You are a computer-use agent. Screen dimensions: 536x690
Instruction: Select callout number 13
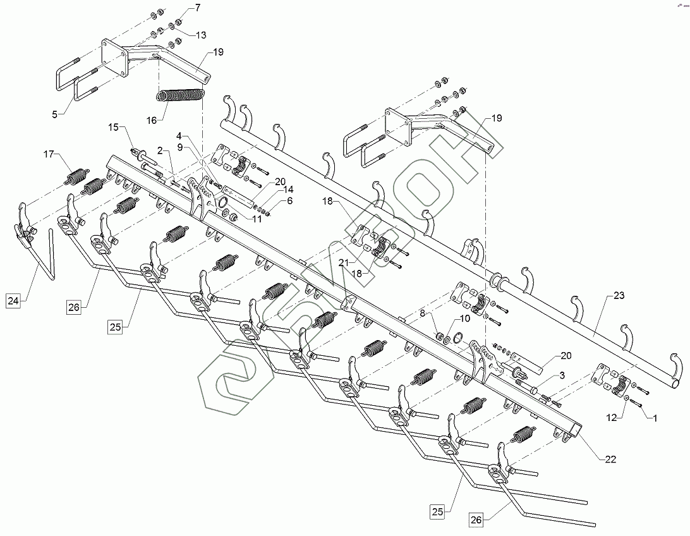[x=200, y=35]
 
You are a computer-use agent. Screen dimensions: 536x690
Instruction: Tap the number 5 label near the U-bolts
[x=54, y=114]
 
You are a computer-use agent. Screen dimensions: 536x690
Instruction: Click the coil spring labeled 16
[x=181, y=95]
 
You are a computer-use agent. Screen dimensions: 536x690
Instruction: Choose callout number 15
[x=113, y=128]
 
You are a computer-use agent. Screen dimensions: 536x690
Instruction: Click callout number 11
[x=257, y=219]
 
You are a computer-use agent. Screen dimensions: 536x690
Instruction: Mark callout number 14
[x=288, y=189]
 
